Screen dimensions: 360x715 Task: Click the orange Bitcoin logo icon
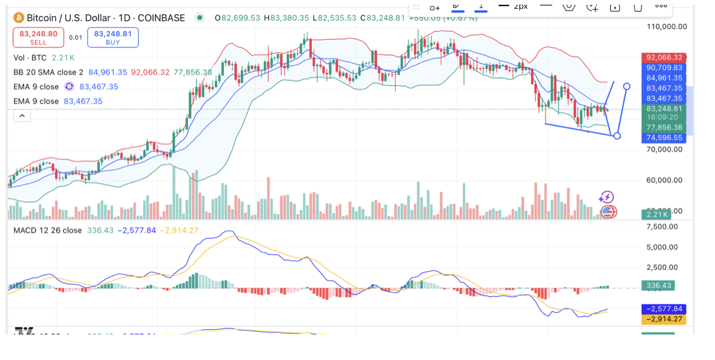(x=18, y=18)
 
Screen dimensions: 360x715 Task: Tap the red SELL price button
(x=38, y=37)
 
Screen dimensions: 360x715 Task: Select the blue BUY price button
(x=112, y=37)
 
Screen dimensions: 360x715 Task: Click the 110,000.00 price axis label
(x=666, y=27)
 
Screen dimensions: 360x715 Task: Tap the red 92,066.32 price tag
(x=665, y=57)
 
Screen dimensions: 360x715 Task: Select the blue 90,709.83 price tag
(x=665, y=68)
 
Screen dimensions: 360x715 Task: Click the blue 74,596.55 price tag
(x=665, y=137)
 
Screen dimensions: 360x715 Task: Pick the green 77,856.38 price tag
(x=665, y=127)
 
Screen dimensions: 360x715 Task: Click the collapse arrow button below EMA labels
(x=22, y=116)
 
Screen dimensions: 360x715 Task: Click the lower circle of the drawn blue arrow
(x=617, y=136)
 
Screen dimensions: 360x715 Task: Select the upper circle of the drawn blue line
(x=627, y=86)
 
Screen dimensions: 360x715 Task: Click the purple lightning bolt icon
(x=607, y=197)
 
